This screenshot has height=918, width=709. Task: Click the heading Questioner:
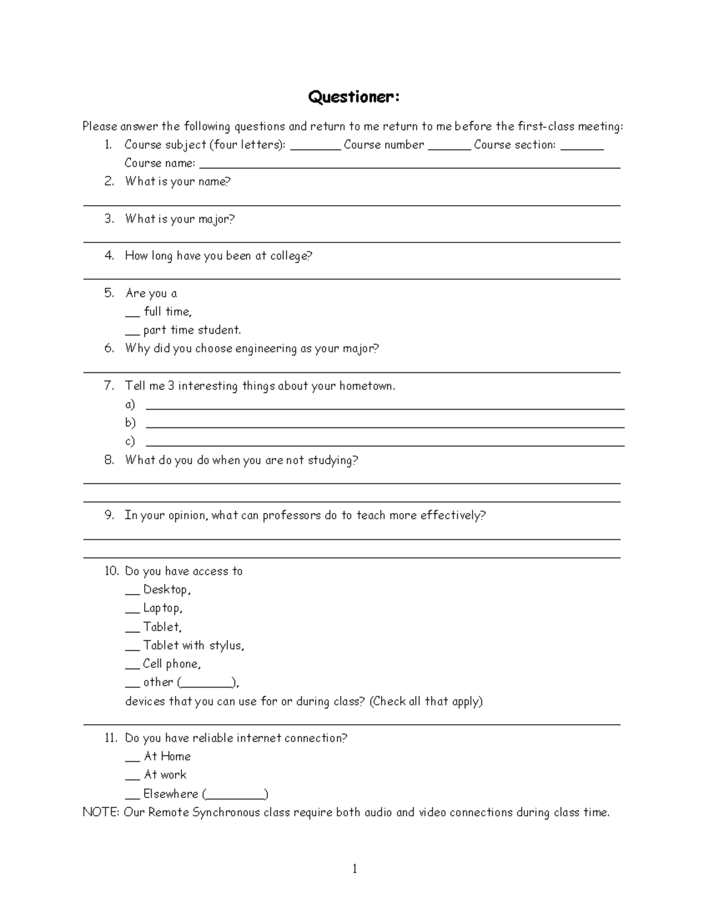(x=353, y=97)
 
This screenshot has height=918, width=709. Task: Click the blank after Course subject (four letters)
(x=316, y=148)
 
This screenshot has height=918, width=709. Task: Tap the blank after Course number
(x=449, y=148)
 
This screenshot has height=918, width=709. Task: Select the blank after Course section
(x=581, y=148)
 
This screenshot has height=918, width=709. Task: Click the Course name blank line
(x=409, y=166)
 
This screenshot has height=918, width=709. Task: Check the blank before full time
(x=132, y=314)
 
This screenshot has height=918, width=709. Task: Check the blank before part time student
(x=132, y=333)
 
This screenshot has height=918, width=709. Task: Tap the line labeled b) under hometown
(x=385, y=426)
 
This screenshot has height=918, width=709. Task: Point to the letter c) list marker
(x=130, y=441)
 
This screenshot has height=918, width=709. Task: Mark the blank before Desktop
(x=132, y=592)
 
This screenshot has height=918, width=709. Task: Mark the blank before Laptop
(x=132, y=611)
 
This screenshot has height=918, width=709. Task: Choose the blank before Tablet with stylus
(x=132, y=648)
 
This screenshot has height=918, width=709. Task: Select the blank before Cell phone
(x=132, y=666)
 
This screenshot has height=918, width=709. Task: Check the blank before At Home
(x=132, y=759)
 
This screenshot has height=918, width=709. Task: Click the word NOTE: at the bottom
(x=101, y=812)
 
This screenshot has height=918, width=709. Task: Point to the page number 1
(x=354, y=868)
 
